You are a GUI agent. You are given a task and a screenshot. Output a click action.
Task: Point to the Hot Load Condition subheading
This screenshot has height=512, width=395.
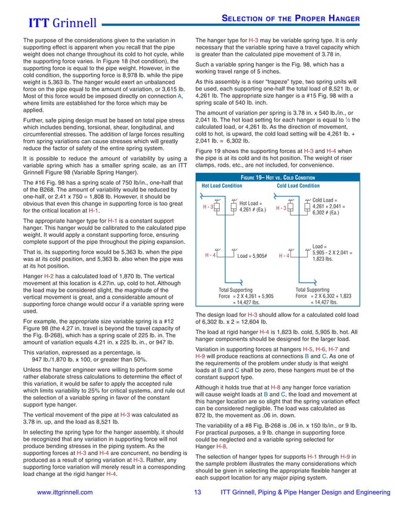coord(222,185)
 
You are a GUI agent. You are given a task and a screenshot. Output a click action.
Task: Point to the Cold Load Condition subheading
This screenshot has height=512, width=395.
coord(298,185)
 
